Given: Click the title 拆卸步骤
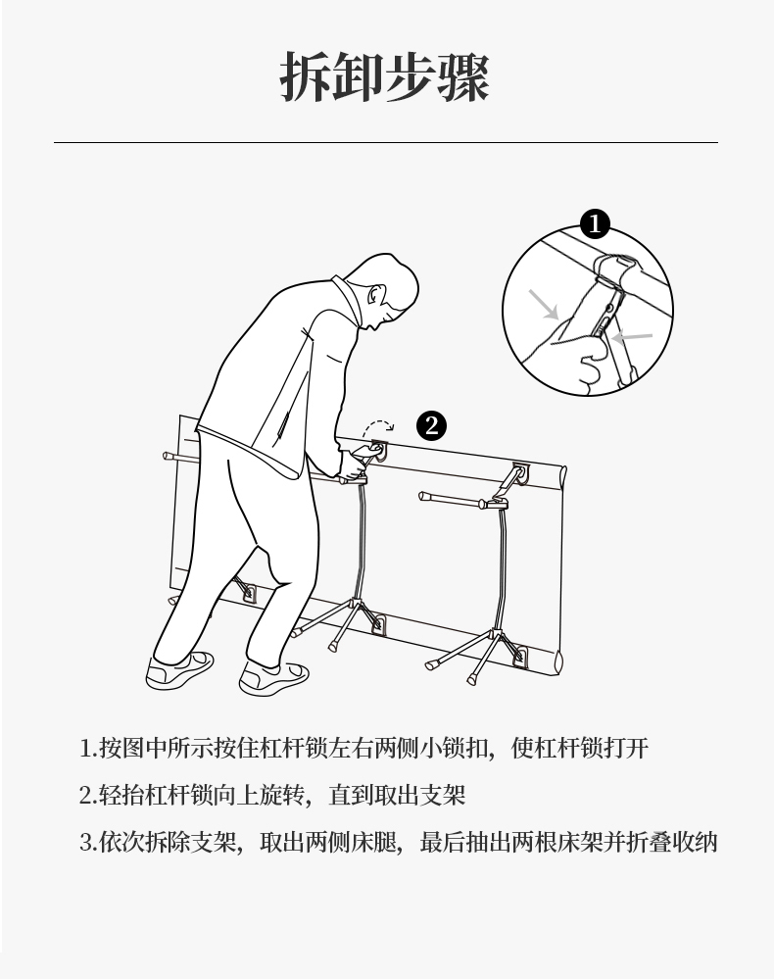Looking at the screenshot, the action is [x=384, y=76].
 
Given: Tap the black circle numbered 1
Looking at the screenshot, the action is [x=595, y=223].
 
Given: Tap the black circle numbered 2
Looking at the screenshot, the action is [x=431, y=426].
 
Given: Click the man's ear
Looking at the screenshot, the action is [x=376, y=294].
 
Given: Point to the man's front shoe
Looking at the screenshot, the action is [x=274, y=677].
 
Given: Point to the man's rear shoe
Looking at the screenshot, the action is [x=179, y=670].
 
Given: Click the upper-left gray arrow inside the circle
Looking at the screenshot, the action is [x=543, y=304].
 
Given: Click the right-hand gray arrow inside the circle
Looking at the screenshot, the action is [x=632, y=338].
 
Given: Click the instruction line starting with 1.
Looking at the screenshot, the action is [x=363, y=748].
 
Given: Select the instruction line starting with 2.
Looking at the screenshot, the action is [x=272, y=795].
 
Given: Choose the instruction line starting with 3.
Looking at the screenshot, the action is [x=398, y=842].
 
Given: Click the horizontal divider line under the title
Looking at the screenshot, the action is [x=386, y=142].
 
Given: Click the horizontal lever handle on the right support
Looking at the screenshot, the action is [x=461, y=500].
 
